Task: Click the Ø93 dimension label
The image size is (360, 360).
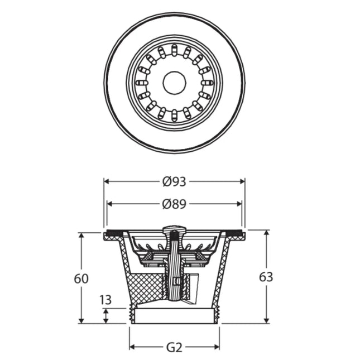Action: (174, 182)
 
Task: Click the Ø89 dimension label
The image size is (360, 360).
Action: (174, 204)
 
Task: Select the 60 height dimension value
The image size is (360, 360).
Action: (81, 279)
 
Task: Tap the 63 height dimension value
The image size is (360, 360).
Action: (266, 277)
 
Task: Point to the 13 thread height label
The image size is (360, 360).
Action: (105, 300)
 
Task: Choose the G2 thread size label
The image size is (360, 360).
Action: (174, 348)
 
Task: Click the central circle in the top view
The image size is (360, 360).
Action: (174, 83)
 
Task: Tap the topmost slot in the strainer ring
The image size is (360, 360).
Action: (175, 49)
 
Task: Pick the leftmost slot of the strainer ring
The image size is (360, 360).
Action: (142, 83)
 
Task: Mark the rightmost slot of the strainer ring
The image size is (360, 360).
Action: (207, 83)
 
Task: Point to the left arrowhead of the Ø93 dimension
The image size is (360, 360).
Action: (106, 181)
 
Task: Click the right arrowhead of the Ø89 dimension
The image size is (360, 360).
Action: (239, 204)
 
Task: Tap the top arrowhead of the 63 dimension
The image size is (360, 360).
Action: (266, 233)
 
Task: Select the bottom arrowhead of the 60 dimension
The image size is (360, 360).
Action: (81, 321)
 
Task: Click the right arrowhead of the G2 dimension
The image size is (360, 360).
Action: (217, 347)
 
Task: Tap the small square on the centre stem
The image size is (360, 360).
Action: (176, 281)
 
